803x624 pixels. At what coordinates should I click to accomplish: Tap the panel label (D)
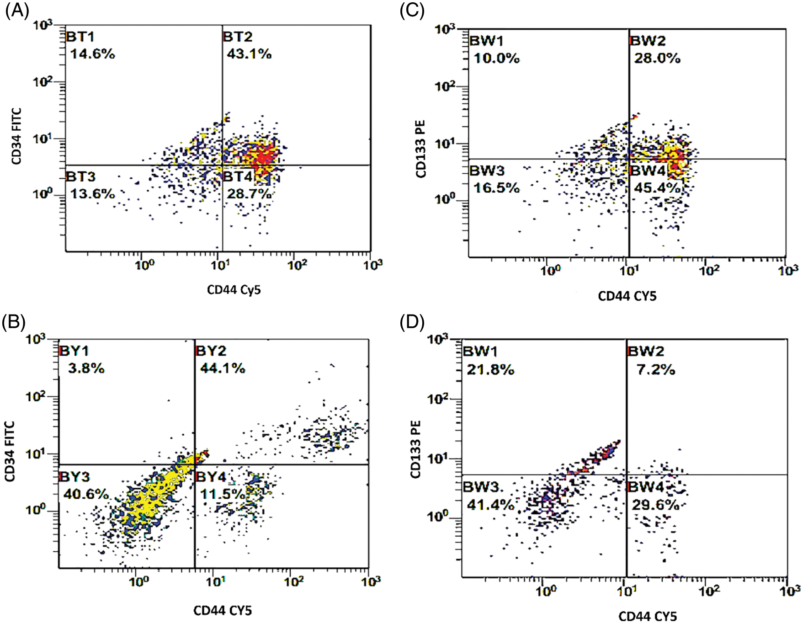point(412,322)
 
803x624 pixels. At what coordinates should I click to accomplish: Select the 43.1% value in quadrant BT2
point(249,54)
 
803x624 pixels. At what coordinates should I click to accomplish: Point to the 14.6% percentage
point(92,54)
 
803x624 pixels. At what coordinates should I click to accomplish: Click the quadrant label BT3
point(81,176)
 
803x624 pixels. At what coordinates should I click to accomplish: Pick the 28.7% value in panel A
point(249,194)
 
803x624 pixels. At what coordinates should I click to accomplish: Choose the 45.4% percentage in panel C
point(657,188)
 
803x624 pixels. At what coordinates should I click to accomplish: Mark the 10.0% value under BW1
point(496,59)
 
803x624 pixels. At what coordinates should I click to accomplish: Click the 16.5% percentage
point(496,188)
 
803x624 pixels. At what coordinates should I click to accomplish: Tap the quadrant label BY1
point(74,351)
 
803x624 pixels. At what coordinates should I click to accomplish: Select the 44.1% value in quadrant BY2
point(223,368)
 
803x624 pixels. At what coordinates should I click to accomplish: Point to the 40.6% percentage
point(86,494)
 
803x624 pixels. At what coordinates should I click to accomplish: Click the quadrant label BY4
point(211,477)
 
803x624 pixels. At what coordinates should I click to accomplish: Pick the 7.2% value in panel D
point(656,369)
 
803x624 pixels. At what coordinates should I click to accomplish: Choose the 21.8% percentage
point(490,369)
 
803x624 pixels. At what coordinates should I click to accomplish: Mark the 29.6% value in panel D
point(655,505)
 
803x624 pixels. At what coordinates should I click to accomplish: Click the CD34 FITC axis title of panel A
point(16,136)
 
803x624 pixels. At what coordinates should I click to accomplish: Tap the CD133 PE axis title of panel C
point(420,149)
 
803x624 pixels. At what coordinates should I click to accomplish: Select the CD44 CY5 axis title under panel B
point(223,610)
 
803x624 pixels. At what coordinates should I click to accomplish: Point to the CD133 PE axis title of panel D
point(415,449)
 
